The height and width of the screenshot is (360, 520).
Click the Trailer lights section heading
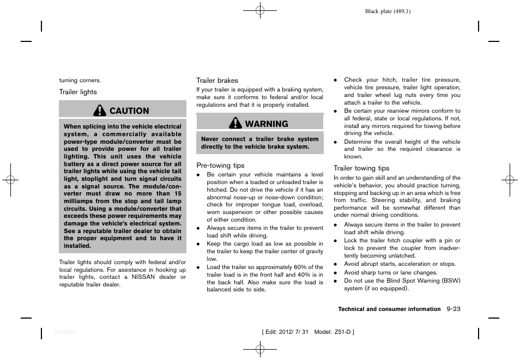point(78,92)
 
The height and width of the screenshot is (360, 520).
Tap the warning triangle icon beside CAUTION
point(100,111)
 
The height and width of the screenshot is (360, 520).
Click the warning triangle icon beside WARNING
point(235,124)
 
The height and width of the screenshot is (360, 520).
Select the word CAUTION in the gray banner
point(129,111)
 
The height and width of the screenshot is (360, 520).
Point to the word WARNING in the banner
point(267,124)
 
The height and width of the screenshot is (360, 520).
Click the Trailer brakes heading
point(217,81)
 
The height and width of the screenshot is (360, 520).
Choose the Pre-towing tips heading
point(220,166)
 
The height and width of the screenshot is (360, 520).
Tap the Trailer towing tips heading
point(361,169)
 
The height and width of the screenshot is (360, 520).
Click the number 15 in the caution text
point(178,193)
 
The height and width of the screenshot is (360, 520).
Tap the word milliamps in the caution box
point(80,201)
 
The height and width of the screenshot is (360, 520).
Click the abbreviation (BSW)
point(449,281)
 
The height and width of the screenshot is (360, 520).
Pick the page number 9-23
point(452,309)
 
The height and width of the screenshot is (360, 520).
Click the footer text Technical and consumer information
point(389,309)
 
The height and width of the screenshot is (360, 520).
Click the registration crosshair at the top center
point(260,10)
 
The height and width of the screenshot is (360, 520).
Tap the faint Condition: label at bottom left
point(65,332)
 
